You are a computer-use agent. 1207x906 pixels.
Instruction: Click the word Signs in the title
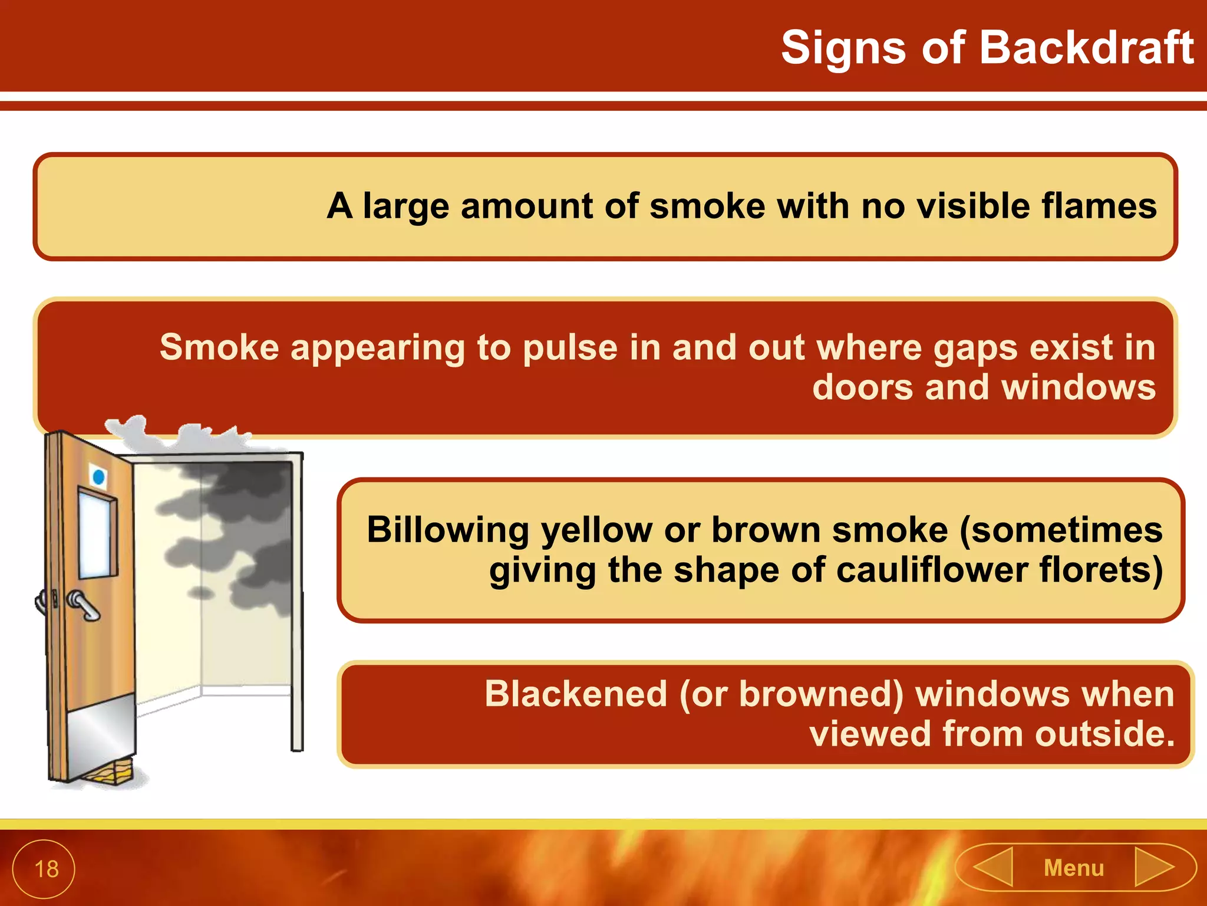(x=843, y=48)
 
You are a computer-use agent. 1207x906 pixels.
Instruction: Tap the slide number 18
(x=46, y=869)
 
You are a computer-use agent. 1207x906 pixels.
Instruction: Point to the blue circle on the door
(x=99, y=477)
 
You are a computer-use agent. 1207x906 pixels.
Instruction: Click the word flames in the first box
(x=1099, y=206)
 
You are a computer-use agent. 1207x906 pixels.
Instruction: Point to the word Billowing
(x=448, y=530)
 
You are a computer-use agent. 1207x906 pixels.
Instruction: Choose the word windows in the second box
(x=1079, y=388)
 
